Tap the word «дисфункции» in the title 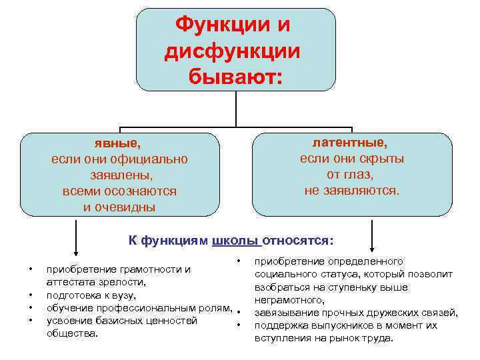(x=233, y=51)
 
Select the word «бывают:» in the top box (x=235, y=77)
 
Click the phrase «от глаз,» (x=350, y=175)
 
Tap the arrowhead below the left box (x=76, y=251)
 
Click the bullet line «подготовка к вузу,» (x=91, y=295)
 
